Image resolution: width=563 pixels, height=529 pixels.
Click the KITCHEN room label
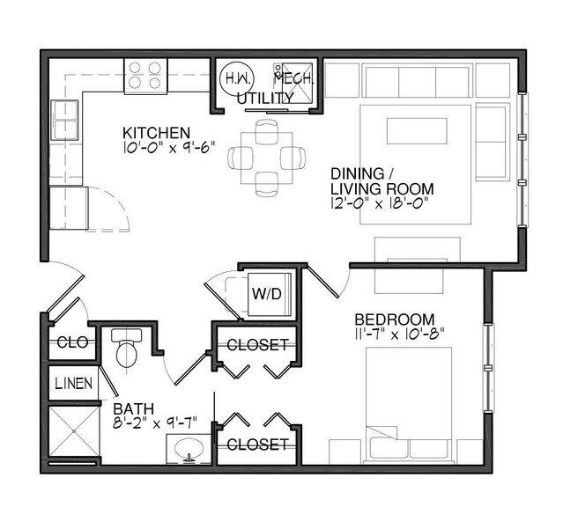pyautogui.click(x=156, y=133)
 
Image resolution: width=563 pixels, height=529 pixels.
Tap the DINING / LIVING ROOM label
pyautogui.click(x=382, y=180)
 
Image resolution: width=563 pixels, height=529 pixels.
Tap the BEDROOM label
pyautogui.click(x=395, y=319)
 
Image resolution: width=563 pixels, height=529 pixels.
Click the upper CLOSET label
pyautogui.click(x=256, y=344)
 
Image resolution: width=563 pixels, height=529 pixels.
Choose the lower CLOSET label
pyautogui.click(x=256, y=445)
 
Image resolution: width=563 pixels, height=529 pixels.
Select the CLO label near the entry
pyautogui.click(x=71, y=342)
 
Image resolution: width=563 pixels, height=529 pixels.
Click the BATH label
pyautogui.click(x=134, y=408)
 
